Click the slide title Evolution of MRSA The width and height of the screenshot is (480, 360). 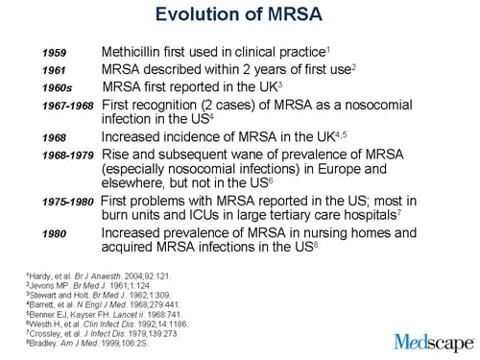pyautogui.click(x=239, y=18)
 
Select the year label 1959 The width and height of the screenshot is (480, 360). pyautogui.click(x=55, y=52)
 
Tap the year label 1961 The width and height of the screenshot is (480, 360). pyautogui.click(x=55, y=71)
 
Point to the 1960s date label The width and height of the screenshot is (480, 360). pyautogui.click(x=57, y=89)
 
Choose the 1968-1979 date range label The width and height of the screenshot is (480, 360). pyautogui.click(x=68, y=155)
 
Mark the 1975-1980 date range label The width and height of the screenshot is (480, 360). pyautogui.click(x=68, y=203)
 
